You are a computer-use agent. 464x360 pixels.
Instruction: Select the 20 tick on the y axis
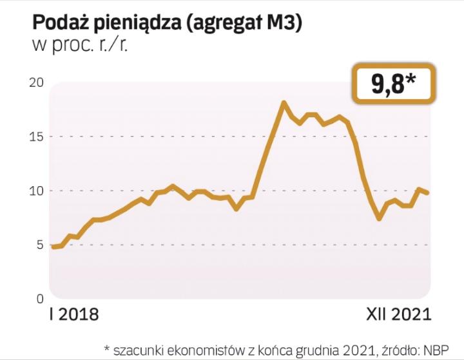click(x=37, y=82)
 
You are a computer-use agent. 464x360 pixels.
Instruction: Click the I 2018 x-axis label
click(x=74, y=315)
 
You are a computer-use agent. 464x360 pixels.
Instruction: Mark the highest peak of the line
click(x=283, y=102)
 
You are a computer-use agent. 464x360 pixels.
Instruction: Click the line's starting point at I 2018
click(x=53, y=247)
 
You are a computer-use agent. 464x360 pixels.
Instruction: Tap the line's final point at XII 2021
click(x=427, y=193)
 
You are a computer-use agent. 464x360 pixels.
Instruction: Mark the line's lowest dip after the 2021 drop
click(x=380, y=219)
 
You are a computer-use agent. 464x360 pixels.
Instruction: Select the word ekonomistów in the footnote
click(x=191, y=348)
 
